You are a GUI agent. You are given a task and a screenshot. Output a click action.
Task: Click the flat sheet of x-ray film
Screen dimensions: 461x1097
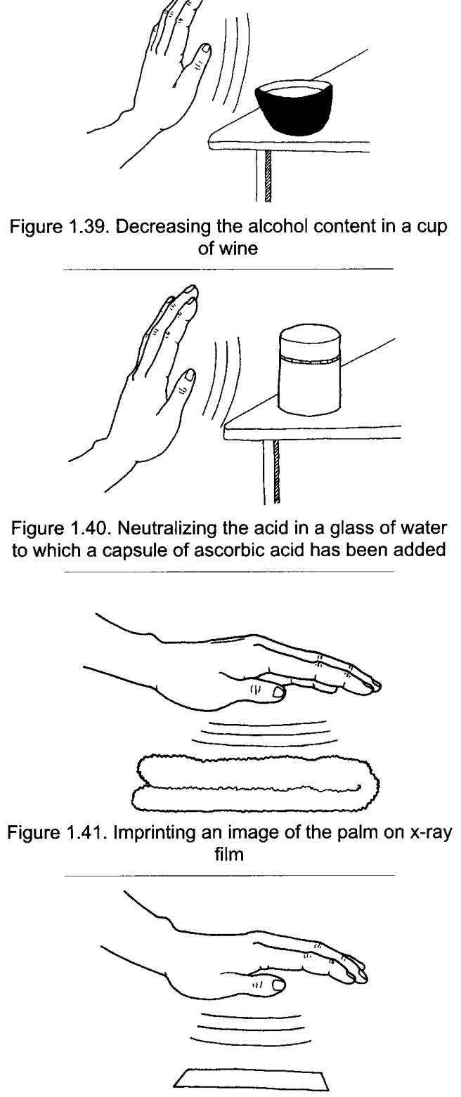point(252,1083)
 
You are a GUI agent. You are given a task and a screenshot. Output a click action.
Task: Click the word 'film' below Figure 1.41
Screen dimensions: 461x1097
point(229,855)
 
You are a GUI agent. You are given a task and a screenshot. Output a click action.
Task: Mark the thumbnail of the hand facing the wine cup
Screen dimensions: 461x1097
point(206,49)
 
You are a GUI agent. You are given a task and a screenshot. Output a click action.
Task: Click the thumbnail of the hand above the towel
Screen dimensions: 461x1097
point(279,692)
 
